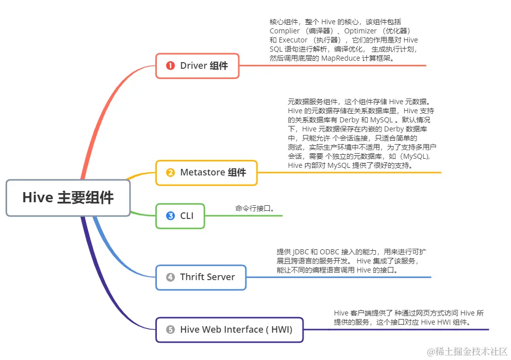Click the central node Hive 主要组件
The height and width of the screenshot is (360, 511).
(68, 198)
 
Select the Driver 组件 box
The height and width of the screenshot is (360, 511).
(197, 66)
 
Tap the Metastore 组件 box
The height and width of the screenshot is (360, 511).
(206, 172)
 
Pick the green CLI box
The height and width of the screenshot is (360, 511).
(180, 216)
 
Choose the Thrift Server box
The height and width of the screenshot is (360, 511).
(200, 277)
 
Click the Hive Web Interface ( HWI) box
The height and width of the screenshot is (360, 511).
(229, 330)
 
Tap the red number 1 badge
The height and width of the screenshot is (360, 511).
(171, 66)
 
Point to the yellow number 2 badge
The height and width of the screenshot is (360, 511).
(171, 172)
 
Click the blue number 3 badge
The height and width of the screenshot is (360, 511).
(171, 216)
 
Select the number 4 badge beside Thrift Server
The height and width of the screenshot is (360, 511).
(171, 277)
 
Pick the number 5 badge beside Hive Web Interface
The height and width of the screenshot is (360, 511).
(171, 330)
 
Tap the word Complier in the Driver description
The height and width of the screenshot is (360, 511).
(285, 31)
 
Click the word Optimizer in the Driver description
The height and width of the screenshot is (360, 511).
(361, 31)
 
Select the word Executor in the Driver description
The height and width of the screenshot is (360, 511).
(293, 40)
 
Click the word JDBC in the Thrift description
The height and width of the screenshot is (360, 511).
(301, 252)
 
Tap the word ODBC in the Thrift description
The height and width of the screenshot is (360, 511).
(329, 252)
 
